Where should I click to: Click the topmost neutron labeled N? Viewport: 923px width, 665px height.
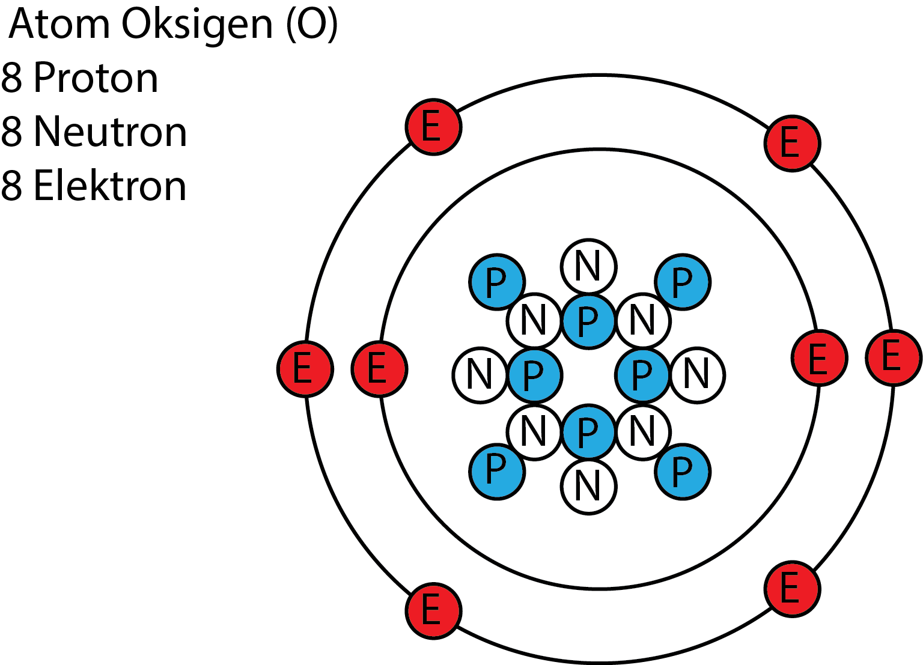coord(588,267)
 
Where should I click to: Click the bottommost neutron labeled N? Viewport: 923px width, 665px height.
coord(588,487)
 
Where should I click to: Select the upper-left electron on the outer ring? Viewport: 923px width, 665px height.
coord(434,128)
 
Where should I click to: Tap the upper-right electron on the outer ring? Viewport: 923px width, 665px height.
coord(791,144)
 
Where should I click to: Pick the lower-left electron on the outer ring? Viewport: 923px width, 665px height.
coord(434,610)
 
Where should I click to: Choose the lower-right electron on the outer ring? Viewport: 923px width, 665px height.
coord(791,588)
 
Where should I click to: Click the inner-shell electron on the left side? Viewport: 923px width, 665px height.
coord(379,369)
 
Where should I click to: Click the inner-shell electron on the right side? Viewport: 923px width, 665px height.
coord(819,358)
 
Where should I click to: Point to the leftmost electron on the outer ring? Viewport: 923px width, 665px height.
coord(306,369)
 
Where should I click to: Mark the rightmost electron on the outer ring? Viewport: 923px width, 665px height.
coord(892,357)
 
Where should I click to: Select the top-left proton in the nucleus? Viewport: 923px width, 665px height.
coord(497,282)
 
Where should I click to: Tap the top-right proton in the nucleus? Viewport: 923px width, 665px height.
coord(683,282)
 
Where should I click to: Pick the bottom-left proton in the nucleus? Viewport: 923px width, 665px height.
coord(497,472)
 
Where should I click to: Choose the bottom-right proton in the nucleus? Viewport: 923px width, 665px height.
coord(683,472)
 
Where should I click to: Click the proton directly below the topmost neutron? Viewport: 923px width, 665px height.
coord(588,321)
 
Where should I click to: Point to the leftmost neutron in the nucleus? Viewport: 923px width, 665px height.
coord(480,375)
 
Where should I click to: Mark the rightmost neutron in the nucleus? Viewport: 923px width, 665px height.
coord(697,375)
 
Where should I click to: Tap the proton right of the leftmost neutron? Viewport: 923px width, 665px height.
coord(534,375)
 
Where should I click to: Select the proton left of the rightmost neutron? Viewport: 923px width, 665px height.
coord(642,375)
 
